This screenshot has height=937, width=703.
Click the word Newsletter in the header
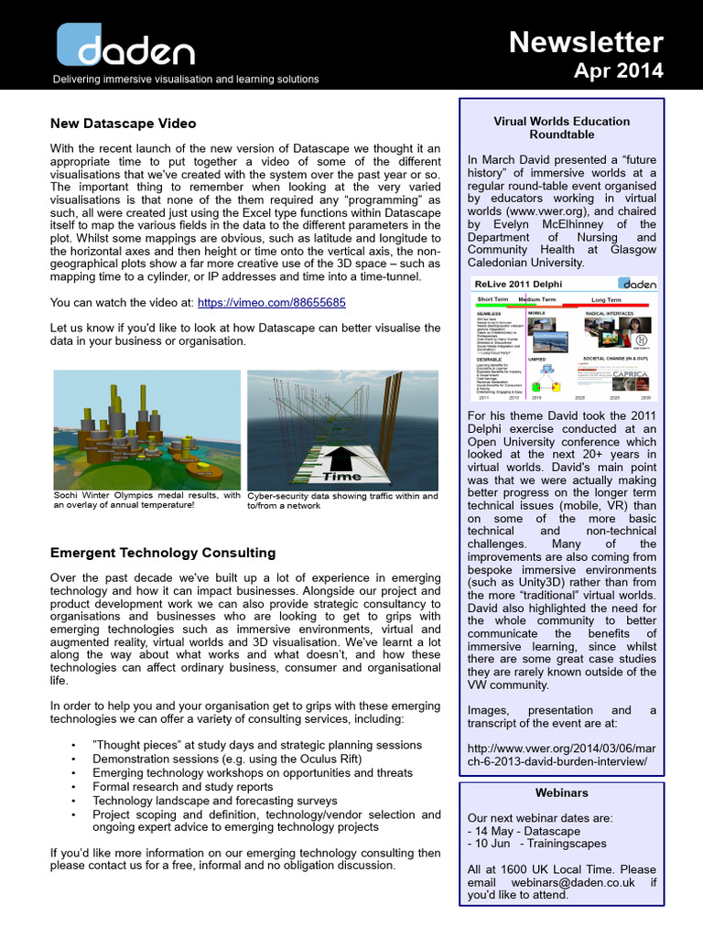pyautogui.click(x=586, y=42)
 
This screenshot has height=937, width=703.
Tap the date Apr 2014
pyautogui.click(x=619, y=70)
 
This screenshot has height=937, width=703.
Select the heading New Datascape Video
pyautogui.click(x=123, y=123)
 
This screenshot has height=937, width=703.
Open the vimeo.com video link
pyautogui.click(x=272, y=302)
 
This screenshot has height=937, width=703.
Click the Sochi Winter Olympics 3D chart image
pyautogui.click(x=146, y=429)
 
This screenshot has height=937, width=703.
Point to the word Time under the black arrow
pyautogui.click(x=341, y=476)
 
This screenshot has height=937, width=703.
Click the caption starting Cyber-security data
pyautogui.click(x=342, y=501)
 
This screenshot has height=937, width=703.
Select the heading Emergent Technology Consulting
pyautogui.click(x=163, y=553)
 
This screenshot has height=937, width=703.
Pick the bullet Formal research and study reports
pyautogui.click(x=183, y=786)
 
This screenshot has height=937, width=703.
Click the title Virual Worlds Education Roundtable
pyautogui.click(x=561, y=127)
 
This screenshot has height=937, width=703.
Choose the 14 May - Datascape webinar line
pyautogui.click(x=523, y=830)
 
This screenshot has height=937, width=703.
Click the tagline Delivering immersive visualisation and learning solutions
pyautogui.click(x=186, y=80)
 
